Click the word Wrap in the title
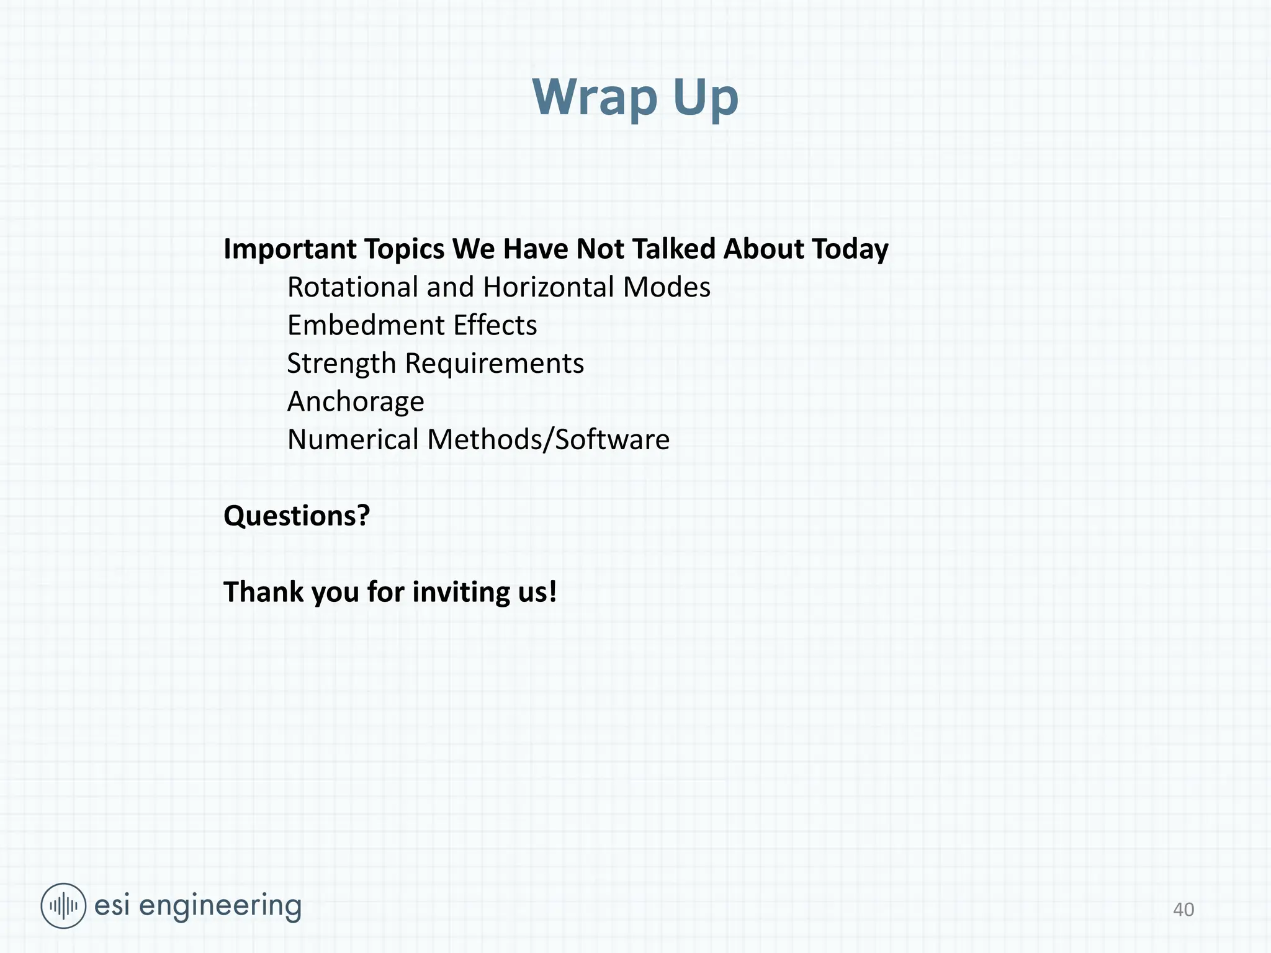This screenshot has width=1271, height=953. pyautogui.click(x=595, y=97)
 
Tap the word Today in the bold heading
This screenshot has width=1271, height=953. pyautogui.click(x=850, y=249)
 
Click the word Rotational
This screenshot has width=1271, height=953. pyautogui.click(x=353, y=287)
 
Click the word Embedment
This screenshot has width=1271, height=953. pyautogui.click(x=366, y=325)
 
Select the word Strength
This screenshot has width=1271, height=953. pyautogui.click(x=341, y=364)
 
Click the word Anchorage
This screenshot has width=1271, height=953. pyautogui.click(x=356, y=402)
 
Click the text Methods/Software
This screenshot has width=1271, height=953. pyautogui.click(x=549, y=440)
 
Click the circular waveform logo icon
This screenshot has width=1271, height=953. pyautogui.click(x=63, y=906)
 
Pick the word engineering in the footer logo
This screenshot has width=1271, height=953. pyautogui.click(x=220, y=906)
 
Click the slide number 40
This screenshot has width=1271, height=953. pyautogui.click(x=1183, y=910)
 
